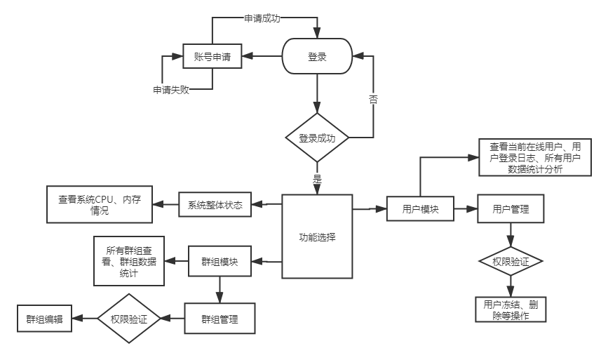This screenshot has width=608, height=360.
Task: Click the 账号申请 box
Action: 212,57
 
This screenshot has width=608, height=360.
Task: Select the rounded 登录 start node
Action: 317,57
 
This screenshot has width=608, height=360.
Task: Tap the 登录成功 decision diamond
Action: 317,138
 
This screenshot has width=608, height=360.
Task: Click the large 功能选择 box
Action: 317,236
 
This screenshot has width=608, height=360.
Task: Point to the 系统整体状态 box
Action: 215,205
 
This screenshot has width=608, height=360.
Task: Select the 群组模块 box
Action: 219,262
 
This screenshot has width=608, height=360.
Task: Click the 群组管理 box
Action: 219,319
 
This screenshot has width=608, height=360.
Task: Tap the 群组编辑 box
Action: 44,319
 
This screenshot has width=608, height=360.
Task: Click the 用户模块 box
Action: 421,209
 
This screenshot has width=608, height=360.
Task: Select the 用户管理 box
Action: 510,209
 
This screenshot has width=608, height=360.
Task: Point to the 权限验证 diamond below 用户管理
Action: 510,261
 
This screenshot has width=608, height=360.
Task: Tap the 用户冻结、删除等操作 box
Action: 511,309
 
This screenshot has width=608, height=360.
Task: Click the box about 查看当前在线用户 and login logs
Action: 534,157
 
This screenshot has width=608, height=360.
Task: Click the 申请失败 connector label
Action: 171,90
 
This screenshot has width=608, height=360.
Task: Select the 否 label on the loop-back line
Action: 373,99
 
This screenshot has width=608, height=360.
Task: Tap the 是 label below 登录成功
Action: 316,178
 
